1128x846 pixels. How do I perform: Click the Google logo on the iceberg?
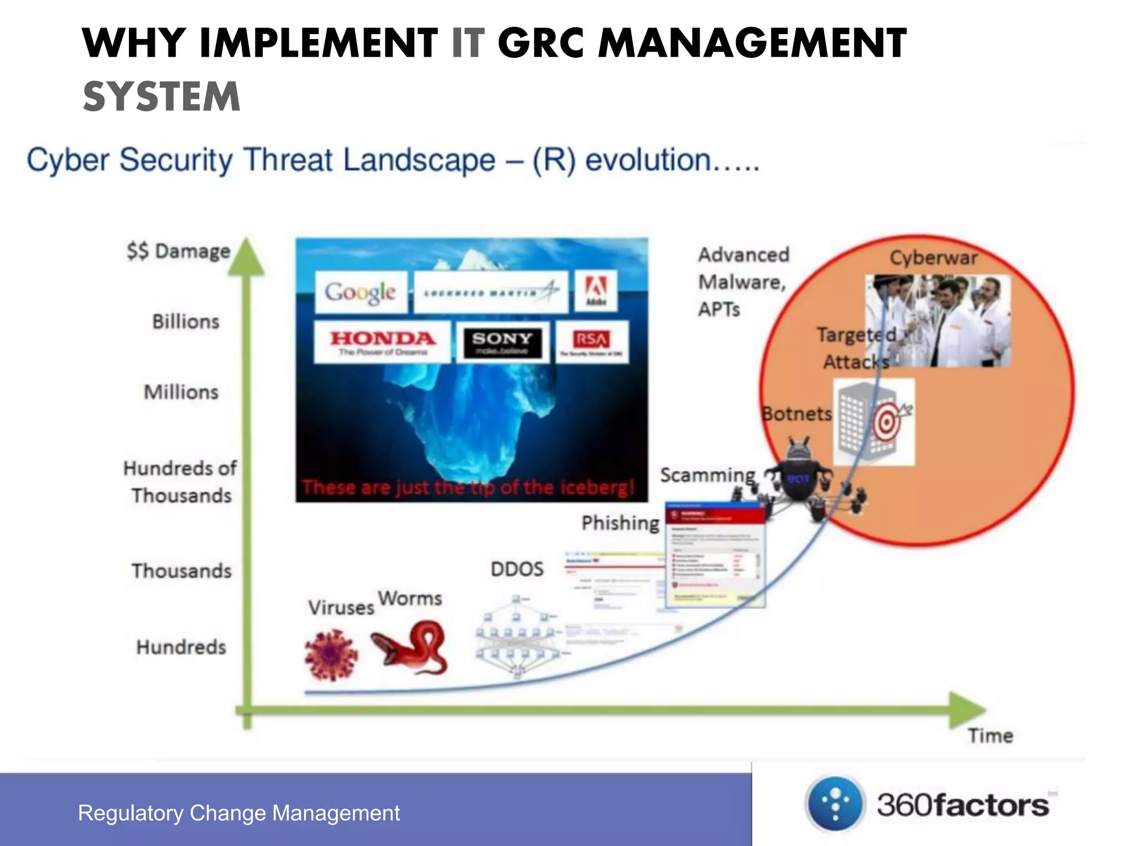click(x=361, y=292)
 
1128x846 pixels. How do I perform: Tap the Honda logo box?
click(x=382, y=342)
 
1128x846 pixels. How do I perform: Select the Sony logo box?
click(x=502, y=342)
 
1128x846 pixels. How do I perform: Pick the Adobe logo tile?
click(x=596, y=291)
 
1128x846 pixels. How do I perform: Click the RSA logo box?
click(x=592, y=342)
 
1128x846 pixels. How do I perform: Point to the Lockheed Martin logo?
click(x=491, y=292)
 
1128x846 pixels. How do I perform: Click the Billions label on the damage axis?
click(x=186, y=322)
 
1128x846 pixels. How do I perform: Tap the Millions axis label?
click(x=181, y=392)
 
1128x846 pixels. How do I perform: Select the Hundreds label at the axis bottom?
click(x=181, y=647)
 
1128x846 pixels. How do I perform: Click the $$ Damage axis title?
click(x=178, y=251)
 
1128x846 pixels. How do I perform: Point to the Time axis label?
click(x=990, y=736)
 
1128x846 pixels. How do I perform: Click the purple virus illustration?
click(x=330, y=655)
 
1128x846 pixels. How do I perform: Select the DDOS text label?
click(x=517, y=569)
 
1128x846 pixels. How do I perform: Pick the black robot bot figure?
click(x=798, y=474)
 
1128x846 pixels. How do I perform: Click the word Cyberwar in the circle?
click(x=934, y=258)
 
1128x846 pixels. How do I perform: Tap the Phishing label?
click(x=620, y=523)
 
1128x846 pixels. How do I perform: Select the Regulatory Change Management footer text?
click(x=239, y=813)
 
